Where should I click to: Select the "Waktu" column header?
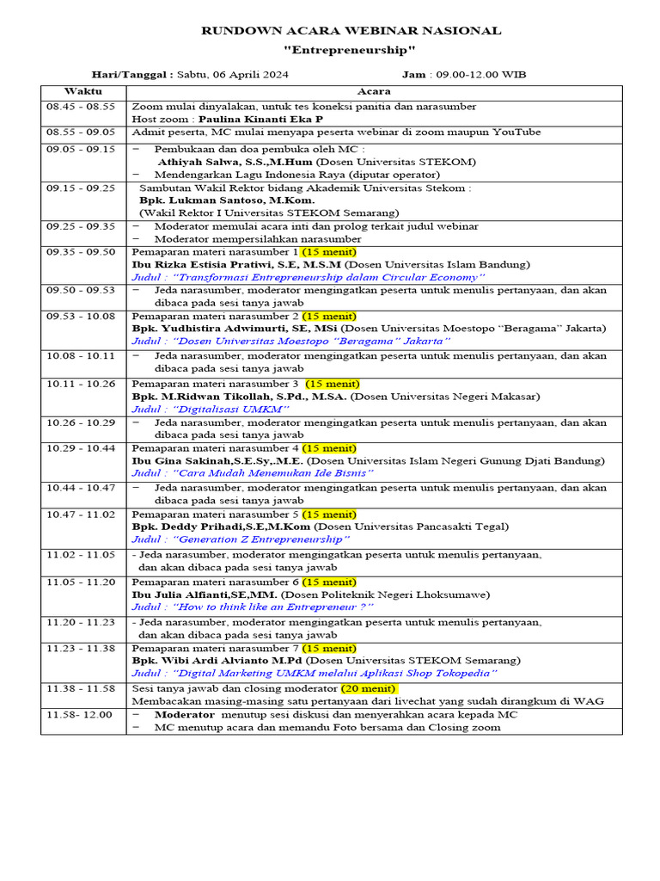pyautogui.click(x=82, y=91)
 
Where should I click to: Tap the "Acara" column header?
pyautogui.click(x=374, y=91)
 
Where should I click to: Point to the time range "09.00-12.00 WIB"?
pyautogui.click(x=490, y=75)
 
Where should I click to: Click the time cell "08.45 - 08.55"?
pyautogui.click(x=81, y=107)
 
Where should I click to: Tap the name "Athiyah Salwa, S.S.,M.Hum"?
pyautogui.click(x=235, y=162)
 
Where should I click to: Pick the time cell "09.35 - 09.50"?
pyautogui.click(x=81, y=252)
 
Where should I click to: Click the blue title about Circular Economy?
pyautogui.click(x=309, y=278)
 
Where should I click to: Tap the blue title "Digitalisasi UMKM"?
pyautogui.click(x=211, y=410)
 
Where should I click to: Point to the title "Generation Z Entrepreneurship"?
pyautogui.click(x=241, y=539)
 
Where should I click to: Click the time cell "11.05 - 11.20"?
pyautogui.click(x=81, y=582)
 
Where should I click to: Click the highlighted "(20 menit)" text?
pyautogui.click(x=369, y=689)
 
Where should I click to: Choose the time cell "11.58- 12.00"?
pyautogui.click(x=80, y=715)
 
